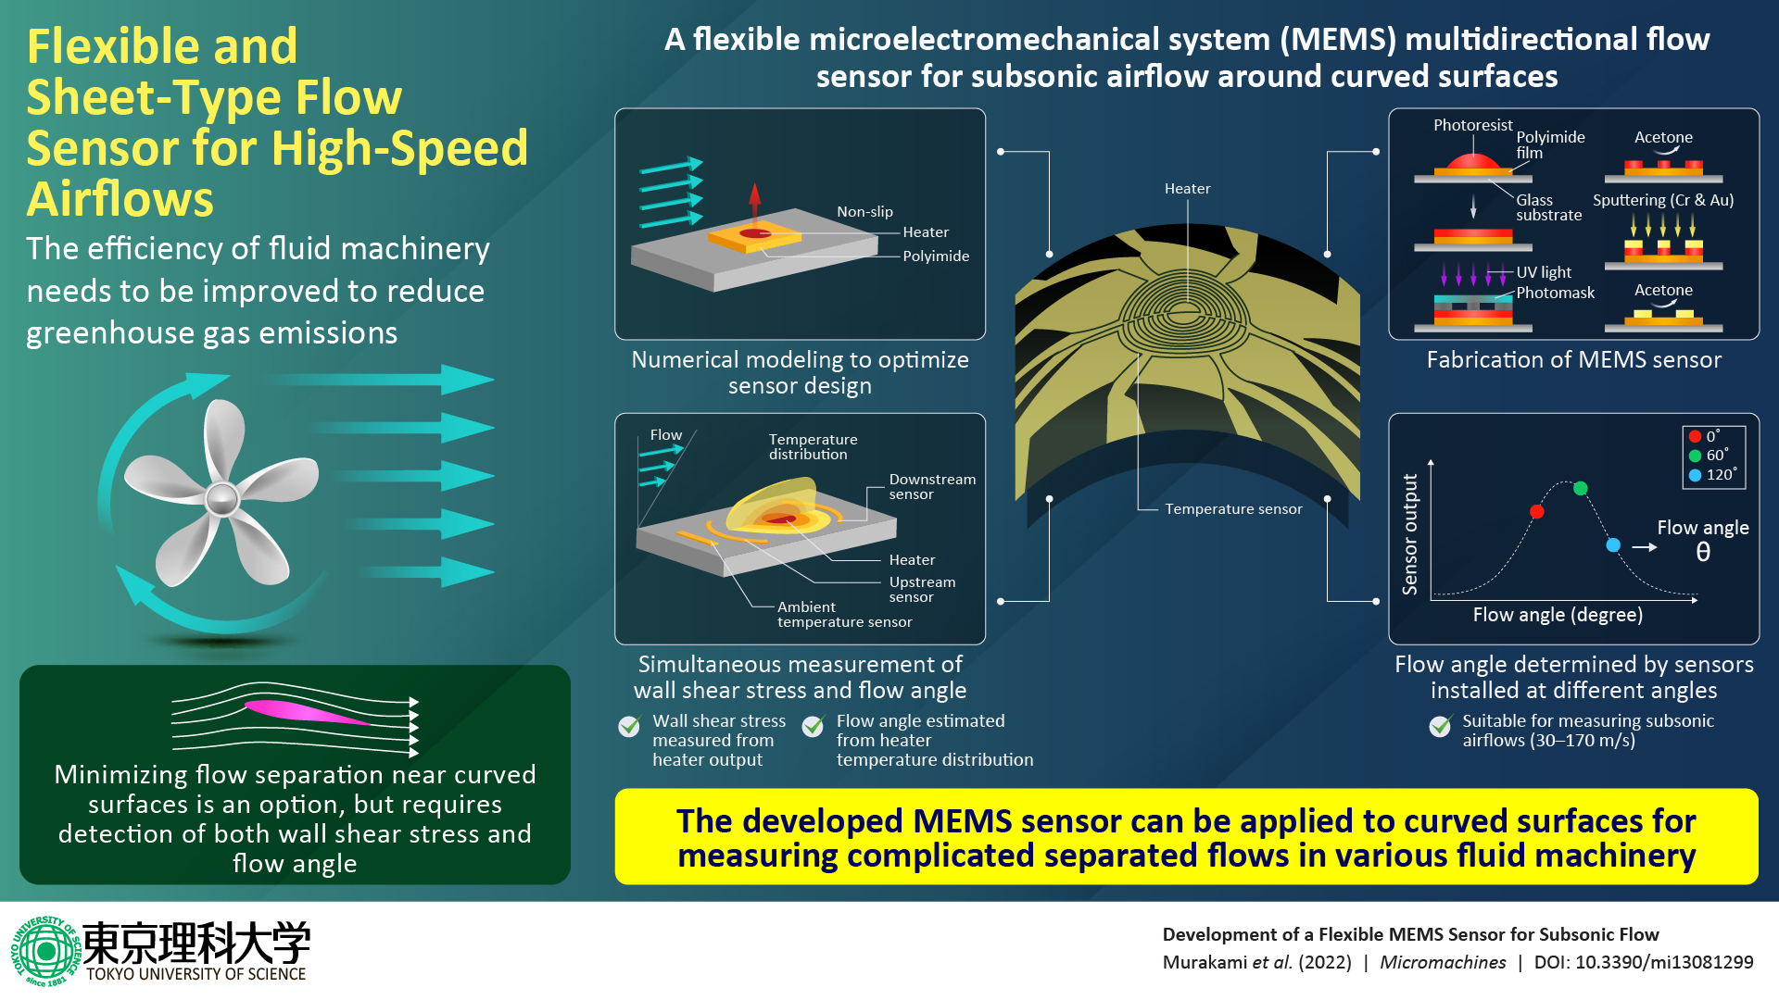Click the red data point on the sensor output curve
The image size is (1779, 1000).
[x=1537, y=511]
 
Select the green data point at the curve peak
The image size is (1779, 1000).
[x=1581, y=488]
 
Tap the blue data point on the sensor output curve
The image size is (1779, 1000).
[x=1613, y=545]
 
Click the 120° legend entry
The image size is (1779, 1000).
[x=1713, y=474]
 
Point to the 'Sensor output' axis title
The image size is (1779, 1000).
[x=1410, y=534]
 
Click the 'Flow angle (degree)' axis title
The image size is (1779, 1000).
[x=1558, y=615]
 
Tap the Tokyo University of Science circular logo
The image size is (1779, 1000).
[x=44, y=951]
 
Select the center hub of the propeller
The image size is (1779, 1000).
[x=222, y=499]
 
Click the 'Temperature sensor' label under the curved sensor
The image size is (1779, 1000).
[x=1233, y=509]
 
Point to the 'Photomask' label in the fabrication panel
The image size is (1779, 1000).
[x=1555, y=293]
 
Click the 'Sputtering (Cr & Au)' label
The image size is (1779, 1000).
[x=1662, y=200]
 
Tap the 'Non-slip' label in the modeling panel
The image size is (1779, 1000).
[x=864, y=212]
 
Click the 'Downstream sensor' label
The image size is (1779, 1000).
[x=932, y=486]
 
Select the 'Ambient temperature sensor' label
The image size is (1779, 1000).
[x=844, y=614]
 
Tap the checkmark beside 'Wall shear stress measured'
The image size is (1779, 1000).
[x=629, y=727]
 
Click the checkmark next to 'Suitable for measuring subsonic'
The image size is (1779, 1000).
[x=1440, y=727]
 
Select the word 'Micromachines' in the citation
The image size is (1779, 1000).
[x=1443, y=962]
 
